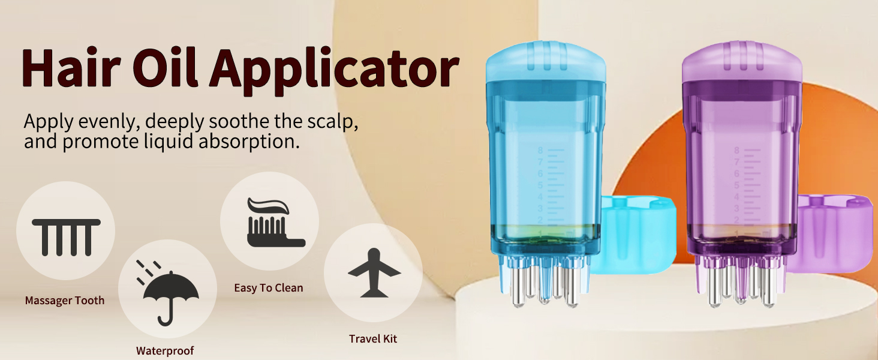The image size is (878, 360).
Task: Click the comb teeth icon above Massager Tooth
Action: [x=65, y=236]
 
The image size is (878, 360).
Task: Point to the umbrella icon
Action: [x=170, y=292]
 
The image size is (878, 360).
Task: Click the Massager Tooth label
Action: [x=65, y=301]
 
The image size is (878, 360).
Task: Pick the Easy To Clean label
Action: [x=269, y=288]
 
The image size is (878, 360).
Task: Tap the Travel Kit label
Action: [x=373, y=339]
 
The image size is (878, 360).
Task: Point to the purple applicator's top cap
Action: [x=742, y=61]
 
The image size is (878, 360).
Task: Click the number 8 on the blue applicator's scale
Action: [x=540, y=151]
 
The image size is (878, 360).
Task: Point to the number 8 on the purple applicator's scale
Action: [x=737, y=151]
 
